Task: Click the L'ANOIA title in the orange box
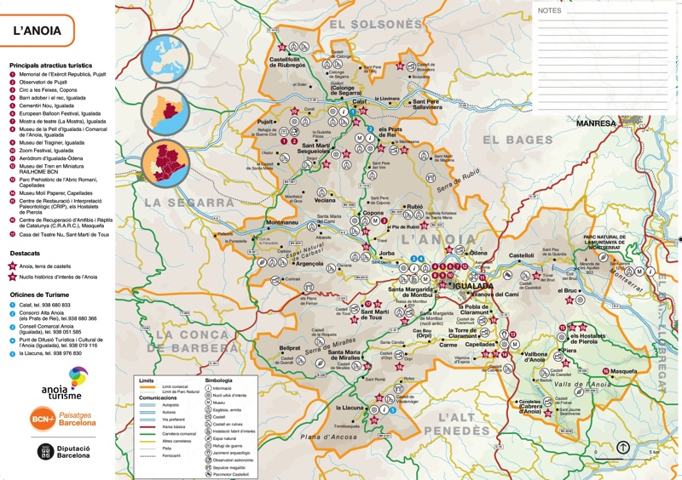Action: tap(36, 31)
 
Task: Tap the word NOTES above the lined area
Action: tap(550, 11)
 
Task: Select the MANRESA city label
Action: tap(595, 123)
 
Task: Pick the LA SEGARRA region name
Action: tap(188, 203)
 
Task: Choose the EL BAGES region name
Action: tap(517, 140)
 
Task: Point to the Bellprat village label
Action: tap(290, 348)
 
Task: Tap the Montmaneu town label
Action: tap(282, 223)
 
